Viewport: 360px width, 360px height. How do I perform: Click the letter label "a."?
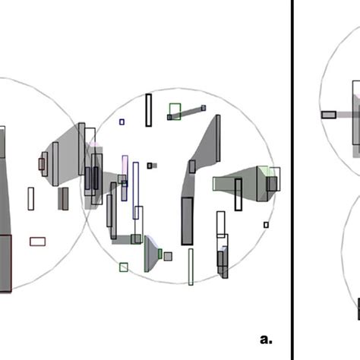click(x=266, y=339)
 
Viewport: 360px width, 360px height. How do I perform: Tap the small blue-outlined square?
click(x=122, y=122)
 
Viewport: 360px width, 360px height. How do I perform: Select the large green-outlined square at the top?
click(x=175, y=112)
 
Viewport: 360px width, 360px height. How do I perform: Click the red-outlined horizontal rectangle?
click(x=38, y=242)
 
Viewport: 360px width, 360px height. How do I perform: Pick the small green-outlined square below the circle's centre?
click(x=124, y=267)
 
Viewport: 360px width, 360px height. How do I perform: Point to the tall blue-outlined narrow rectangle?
click(x=136, y=191)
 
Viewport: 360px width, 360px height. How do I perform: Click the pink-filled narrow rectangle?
click(x=125, y=168)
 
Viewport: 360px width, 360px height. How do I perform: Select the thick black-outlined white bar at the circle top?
click(x=149, y=110)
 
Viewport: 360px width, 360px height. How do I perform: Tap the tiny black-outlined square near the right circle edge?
click(x=266, y=225)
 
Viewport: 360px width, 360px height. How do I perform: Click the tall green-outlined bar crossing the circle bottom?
click(x=191, y=267)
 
